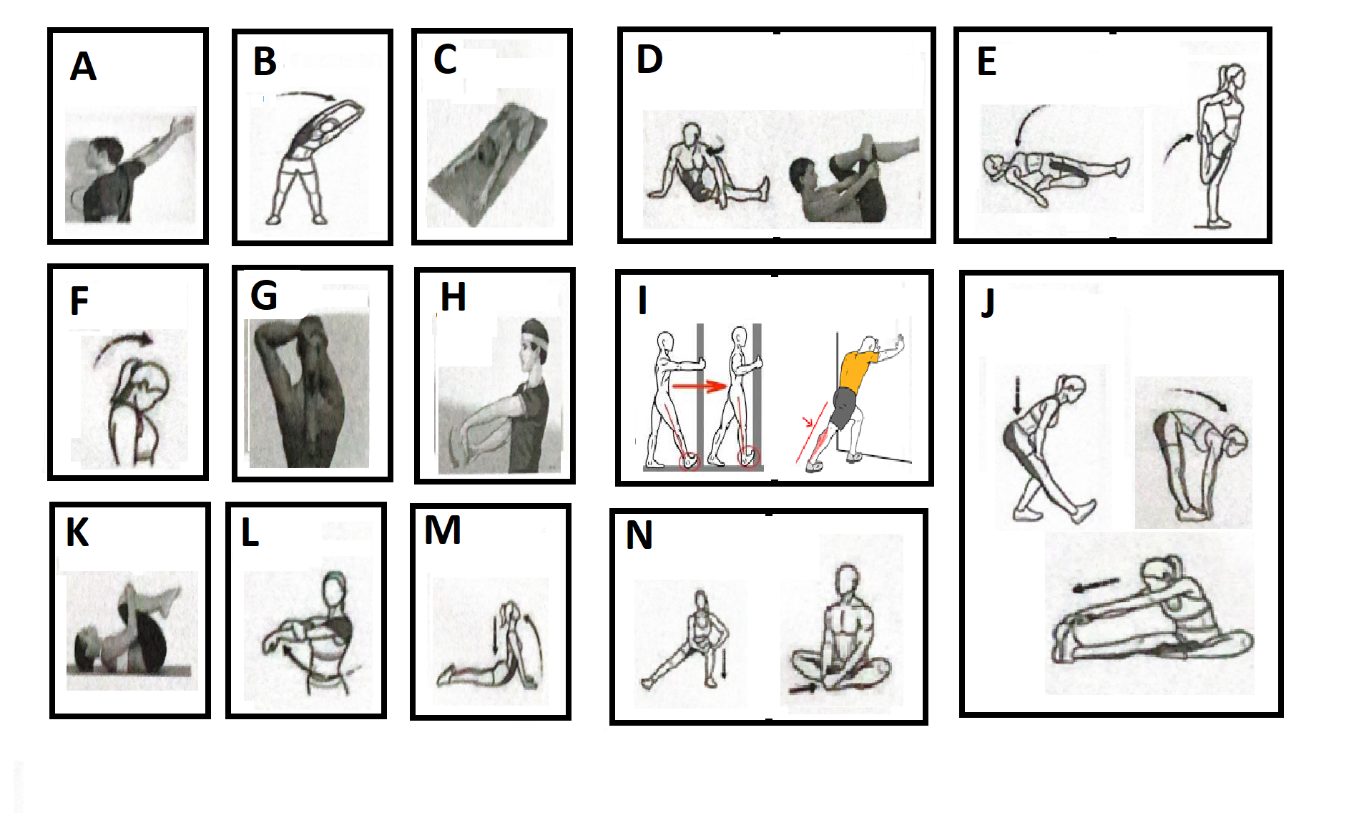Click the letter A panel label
pos(83,67)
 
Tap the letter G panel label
pos(264,295)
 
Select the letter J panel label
pos(988,303)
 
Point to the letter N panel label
pos(639,535)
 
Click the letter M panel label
pos(442,530)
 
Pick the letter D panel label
pos(649,59)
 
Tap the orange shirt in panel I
pos(856,371)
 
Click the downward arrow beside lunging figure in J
pos(1017,395)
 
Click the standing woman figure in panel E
pos(1219,146)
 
